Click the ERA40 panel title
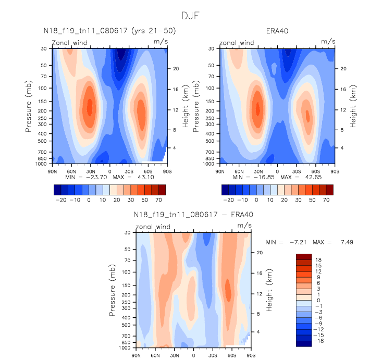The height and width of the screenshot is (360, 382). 277,31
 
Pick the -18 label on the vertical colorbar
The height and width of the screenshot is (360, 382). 319,340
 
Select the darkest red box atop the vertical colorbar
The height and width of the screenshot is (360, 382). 304,256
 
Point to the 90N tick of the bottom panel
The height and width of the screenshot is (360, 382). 135,355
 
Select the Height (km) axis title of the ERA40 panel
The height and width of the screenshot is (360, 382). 353,106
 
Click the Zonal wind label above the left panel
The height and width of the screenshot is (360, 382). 69,43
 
